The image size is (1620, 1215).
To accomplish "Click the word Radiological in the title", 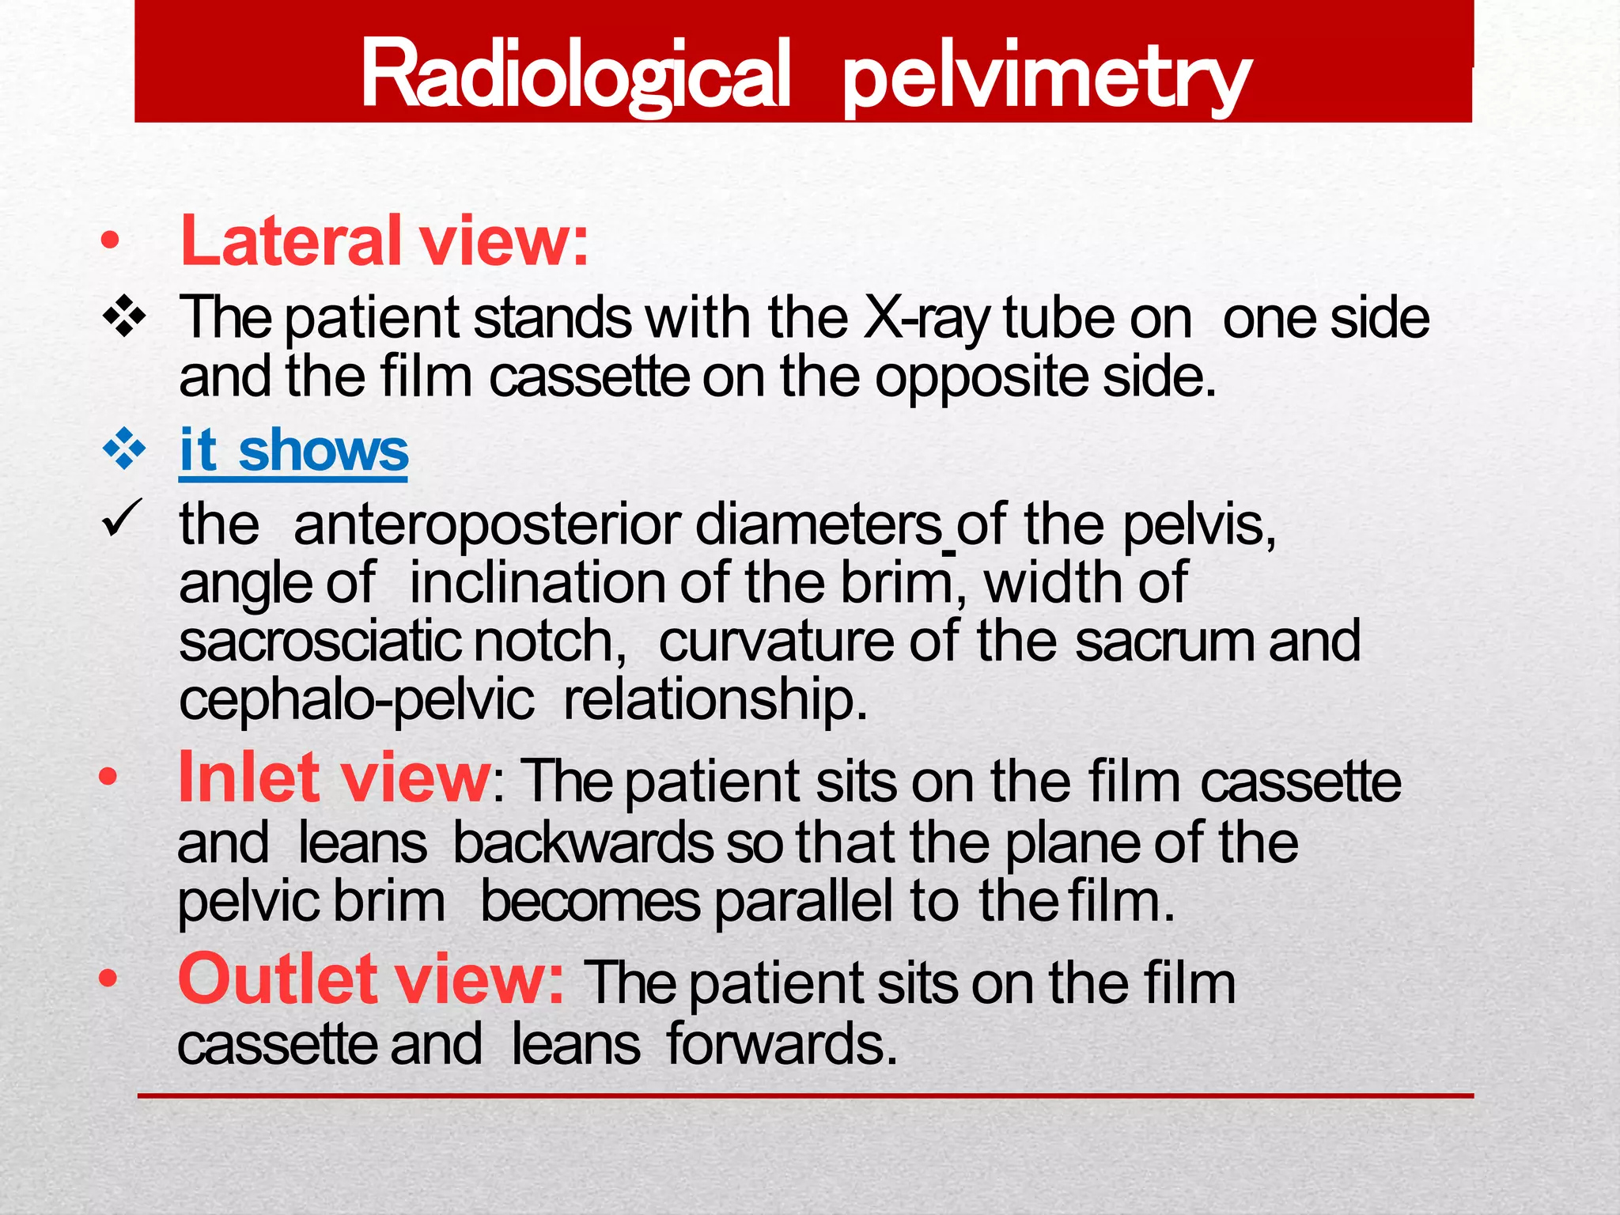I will [575, 75].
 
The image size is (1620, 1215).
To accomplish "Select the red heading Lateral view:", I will [384, 240].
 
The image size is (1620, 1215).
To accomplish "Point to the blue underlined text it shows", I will [293, 450].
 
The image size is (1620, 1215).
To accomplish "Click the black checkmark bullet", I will [122, 519].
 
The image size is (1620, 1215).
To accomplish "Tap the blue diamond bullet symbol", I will [125, 449].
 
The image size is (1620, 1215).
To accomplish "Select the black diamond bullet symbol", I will [125, 318].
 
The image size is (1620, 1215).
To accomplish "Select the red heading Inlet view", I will [334, 778].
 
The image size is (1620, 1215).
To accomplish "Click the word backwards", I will [582, 843].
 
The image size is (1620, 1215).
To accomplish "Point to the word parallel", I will [804, 902].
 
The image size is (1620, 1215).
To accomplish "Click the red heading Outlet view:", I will [370, 980].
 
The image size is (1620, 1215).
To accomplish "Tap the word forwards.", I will [782, 1044].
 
